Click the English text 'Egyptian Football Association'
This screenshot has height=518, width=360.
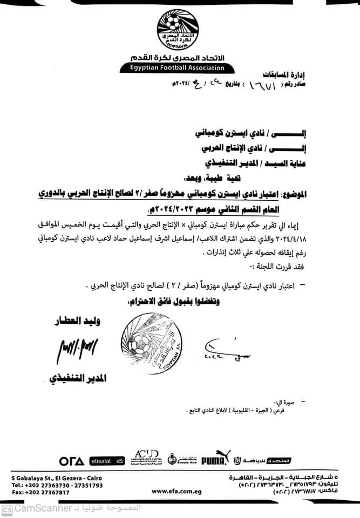[180, 68]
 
